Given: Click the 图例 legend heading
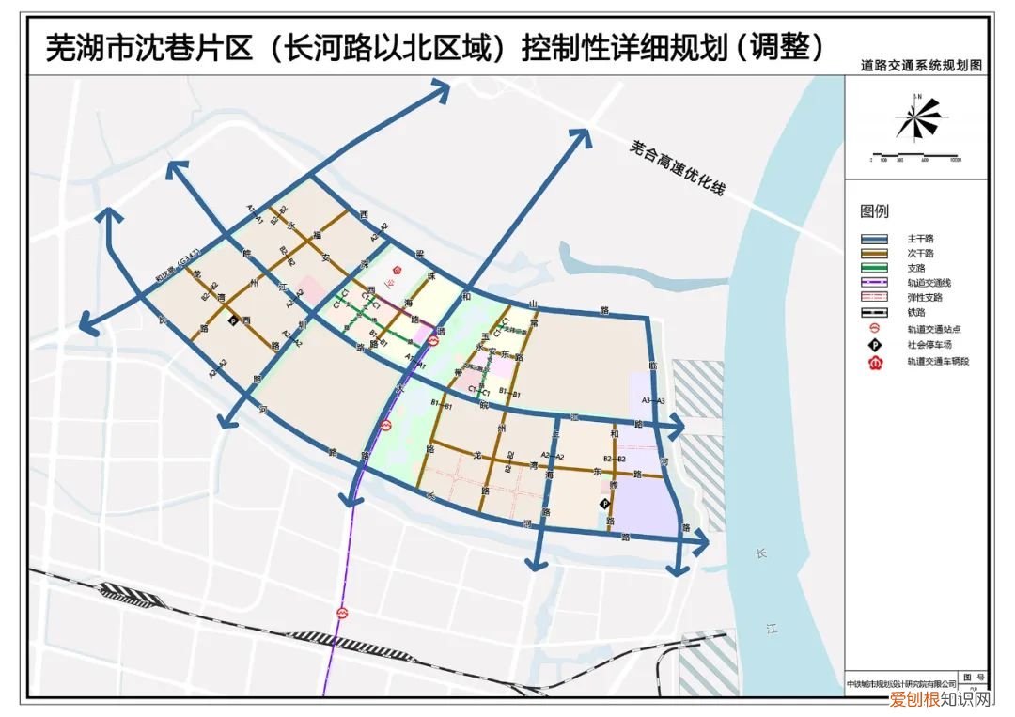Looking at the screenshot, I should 873,211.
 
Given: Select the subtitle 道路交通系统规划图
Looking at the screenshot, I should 920,67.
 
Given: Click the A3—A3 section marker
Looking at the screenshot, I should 652,401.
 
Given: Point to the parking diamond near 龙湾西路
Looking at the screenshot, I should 233,320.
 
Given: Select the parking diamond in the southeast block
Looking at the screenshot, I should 604,506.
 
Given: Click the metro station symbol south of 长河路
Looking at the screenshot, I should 343,612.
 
